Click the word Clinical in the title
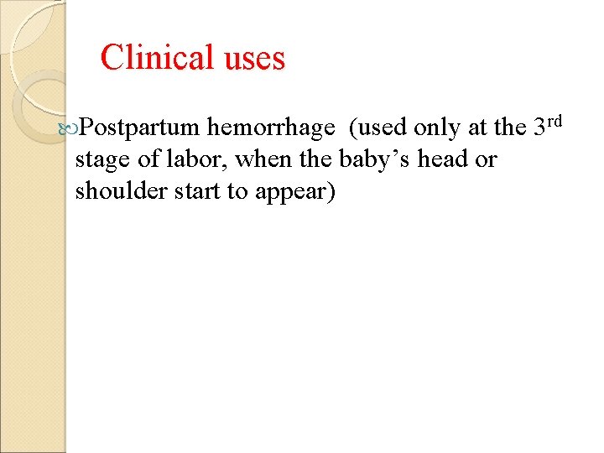(x=157, y=58)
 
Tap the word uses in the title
(x=253, y=58)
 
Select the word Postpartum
(x=141, y=128)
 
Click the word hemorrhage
(x=272, y=128)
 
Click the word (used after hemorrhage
(x=378, y=128)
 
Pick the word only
(x=440, y=128)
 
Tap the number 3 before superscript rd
(x=542, y=128)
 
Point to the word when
(x=266, y=159)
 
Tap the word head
(x=441, y=159)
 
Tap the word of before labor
(x=151, y=159)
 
